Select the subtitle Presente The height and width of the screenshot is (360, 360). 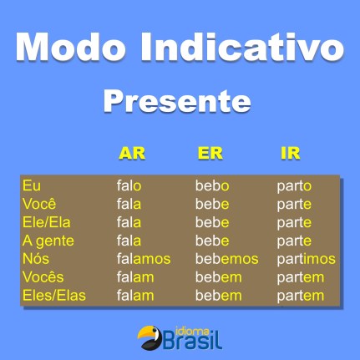(x=176, y=101)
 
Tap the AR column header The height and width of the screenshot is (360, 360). (x=132, y=154)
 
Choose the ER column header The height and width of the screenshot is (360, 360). (x=210, y=154)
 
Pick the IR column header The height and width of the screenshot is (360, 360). (x=290, y=154)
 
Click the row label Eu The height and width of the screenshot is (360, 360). (x=31, y=185)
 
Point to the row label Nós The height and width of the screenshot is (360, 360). (x=36, y=259)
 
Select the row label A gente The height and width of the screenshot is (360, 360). (x=47, y=241)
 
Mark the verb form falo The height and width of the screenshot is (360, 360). (x=129, y=185)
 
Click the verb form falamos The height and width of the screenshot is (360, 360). (x=144, y=259)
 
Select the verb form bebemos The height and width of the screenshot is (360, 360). (x=226, y=259)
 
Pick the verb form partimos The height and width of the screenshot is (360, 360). (x=306, y=259)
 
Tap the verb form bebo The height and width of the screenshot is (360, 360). (x=212, y=185)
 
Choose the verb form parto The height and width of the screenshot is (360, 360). (x=294, y=185)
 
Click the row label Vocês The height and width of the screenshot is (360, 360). (x=43, y=277)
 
